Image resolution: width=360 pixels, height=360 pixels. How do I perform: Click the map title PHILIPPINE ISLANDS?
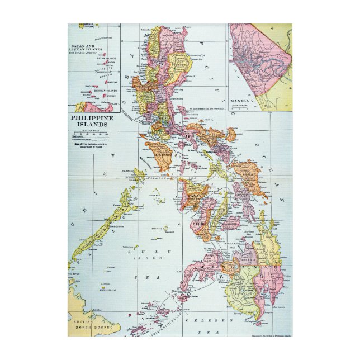click(x=91, y=122)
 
